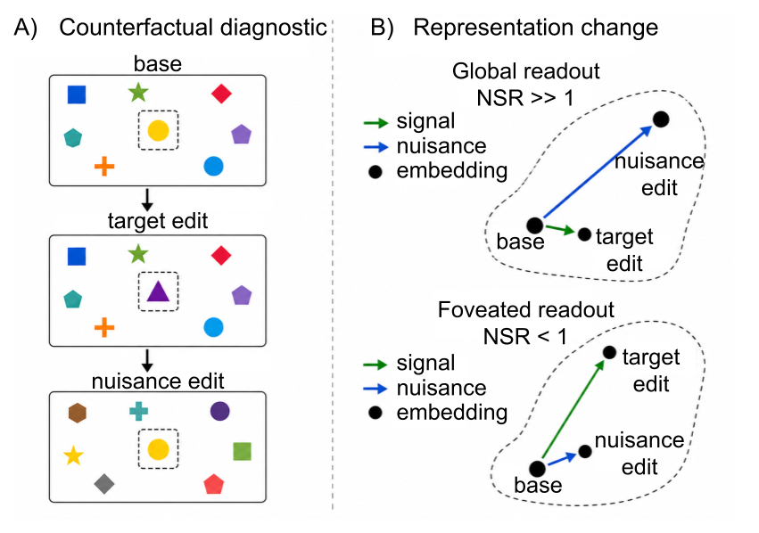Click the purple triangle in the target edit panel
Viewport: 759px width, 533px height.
tap(158, 292)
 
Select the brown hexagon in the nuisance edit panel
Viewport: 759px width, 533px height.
tap(78, 413)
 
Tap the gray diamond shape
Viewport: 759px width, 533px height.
tap(104, 484)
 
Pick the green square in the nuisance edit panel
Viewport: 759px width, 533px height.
tap(242, 451)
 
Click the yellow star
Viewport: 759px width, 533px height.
tap(73, 455)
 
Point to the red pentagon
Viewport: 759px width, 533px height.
tap(213, 484)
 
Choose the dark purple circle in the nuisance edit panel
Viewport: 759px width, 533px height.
tap(220, 411)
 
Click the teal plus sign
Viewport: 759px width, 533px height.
tap(139, 411)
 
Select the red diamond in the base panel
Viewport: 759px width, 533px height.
tap(222, 94)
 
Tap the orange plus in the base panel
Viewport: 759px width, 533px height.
tap(104, 167)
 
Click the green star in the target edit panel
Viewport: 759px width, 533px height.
tap(139, 254)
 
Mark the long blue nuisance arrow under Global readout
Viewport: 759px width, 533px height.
tap(598, 172)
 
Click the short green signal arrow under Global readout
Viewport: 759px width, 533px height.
tap(560, 229)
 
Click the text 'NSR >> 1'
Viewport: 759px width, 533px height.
tap(525, 98)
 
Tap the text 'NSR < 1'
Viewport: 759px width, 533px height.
tap(525, 337)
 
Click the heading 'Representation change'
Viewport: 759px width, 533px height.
tap(535, 28)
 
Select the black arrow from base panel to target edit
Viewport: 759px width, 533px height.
tap(148, 200)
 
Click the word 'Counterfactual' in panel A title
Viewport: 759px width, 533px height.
tap(137, 28)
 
